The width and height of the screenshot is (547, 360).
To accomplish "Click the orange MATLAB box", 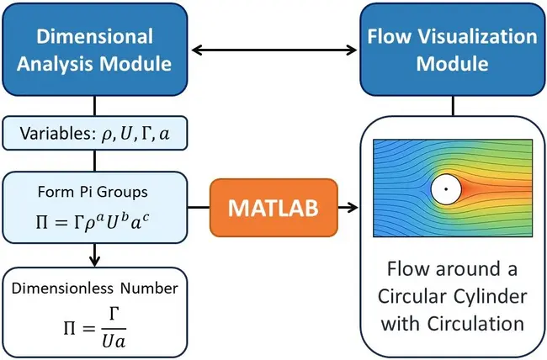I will click(273, 207).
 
